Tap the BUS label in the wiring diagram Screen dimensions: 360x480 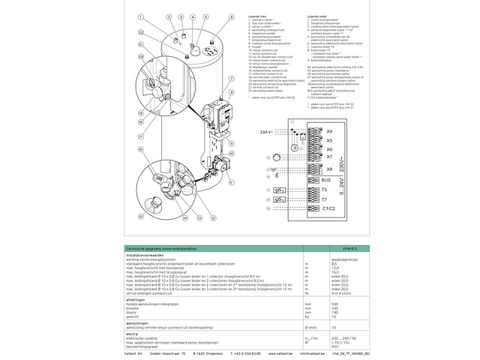click(325, 180)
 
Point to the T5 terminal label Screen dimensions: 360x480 click(324, 190)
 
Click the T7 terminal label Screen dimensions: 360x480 click(324, 199)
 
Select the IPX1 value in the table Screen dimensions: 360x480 click(334, 346)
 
